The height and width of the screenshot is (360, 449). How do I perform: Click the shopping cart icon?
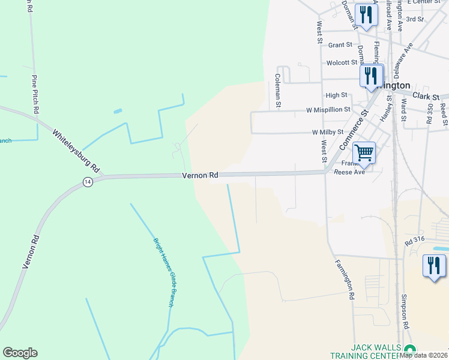(x=364, y=153)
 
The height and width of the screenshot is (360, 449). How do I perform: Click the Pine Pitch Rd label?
(x=35, y=94)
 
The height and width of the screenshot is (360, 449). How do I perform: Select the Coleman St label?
(x=278, y=91)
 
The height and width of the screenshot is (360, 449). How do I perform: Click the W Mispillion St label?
(x=328, y=110)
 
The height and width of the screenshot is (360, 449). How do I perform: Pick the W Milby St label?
(x=327, y=132)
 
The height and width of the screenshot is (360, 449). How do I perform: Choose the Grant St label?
(x=340, y=45)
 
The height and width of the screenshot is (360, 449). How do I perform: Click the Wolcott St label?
(x=342, y=62)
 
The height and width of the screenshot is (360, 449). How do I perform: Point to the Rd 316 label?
(x=415, y=242)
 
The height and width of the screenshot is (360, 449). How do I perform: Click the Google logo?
(x=20, y=353)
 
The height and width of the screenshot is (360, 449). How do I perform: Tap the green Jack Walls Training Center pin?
(x=410, y=350)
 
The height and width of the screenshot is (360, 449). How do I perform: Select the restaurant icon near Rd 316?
(x=434, y=266)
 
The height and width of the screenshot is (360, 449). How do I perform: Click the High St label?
(x=336, y=95)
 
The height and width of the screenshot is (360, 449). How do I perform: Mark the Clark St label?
(x=426, y=96)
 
